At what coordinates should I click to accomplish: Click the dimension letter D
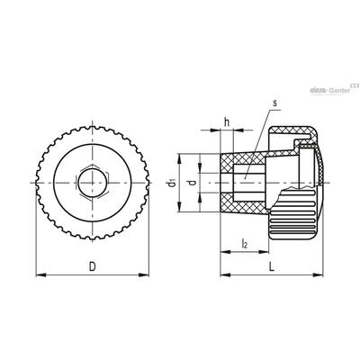tap(93, 266)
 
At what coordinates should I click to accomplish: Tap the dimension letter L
tap(272, 266)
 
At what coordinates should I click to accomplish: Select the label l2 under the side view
tap(245, 244)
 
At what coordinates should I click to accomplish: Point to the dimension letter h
tap(227, 122)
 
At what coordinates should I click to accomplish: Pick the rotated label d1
tap(172, 183)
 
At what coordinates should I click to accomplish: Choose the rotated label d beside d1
tap(193, 183)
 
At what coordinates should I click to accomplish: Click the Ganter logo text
tap(339, 90)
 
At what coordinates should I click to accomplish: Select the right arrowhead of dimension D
tap(144, 274)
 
